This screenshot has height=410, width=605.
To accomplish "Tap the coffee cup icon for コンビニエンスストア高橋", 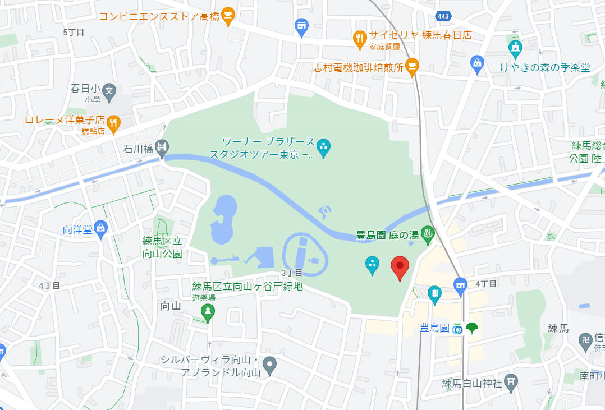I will click(227, 16).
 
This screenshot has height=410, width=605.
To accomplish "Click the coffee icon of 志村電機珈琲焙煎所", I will click(412, 66).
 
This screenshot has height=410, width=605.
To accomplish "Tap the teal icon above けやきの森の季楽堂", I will click(515, 47).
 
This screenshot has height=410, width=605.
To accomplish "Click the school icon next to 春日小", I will click(109, 90).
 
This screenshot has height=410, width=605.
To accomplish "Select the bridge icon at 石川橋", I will click(162, 148).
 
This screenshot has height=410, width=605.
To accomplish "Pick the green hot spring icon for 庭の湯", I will click(427, 234).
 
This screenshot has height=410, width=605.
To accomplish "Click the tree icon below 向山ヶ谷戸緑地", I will click(208, 311).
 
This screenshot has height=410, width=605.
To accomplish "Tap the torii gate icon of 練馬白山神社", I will click(510, 381).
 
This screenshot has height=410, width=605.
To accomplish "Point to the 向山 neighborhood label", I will click(171, 306).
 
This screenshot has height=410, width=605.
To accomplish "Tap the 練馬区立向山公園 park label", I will click(162, 247).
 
